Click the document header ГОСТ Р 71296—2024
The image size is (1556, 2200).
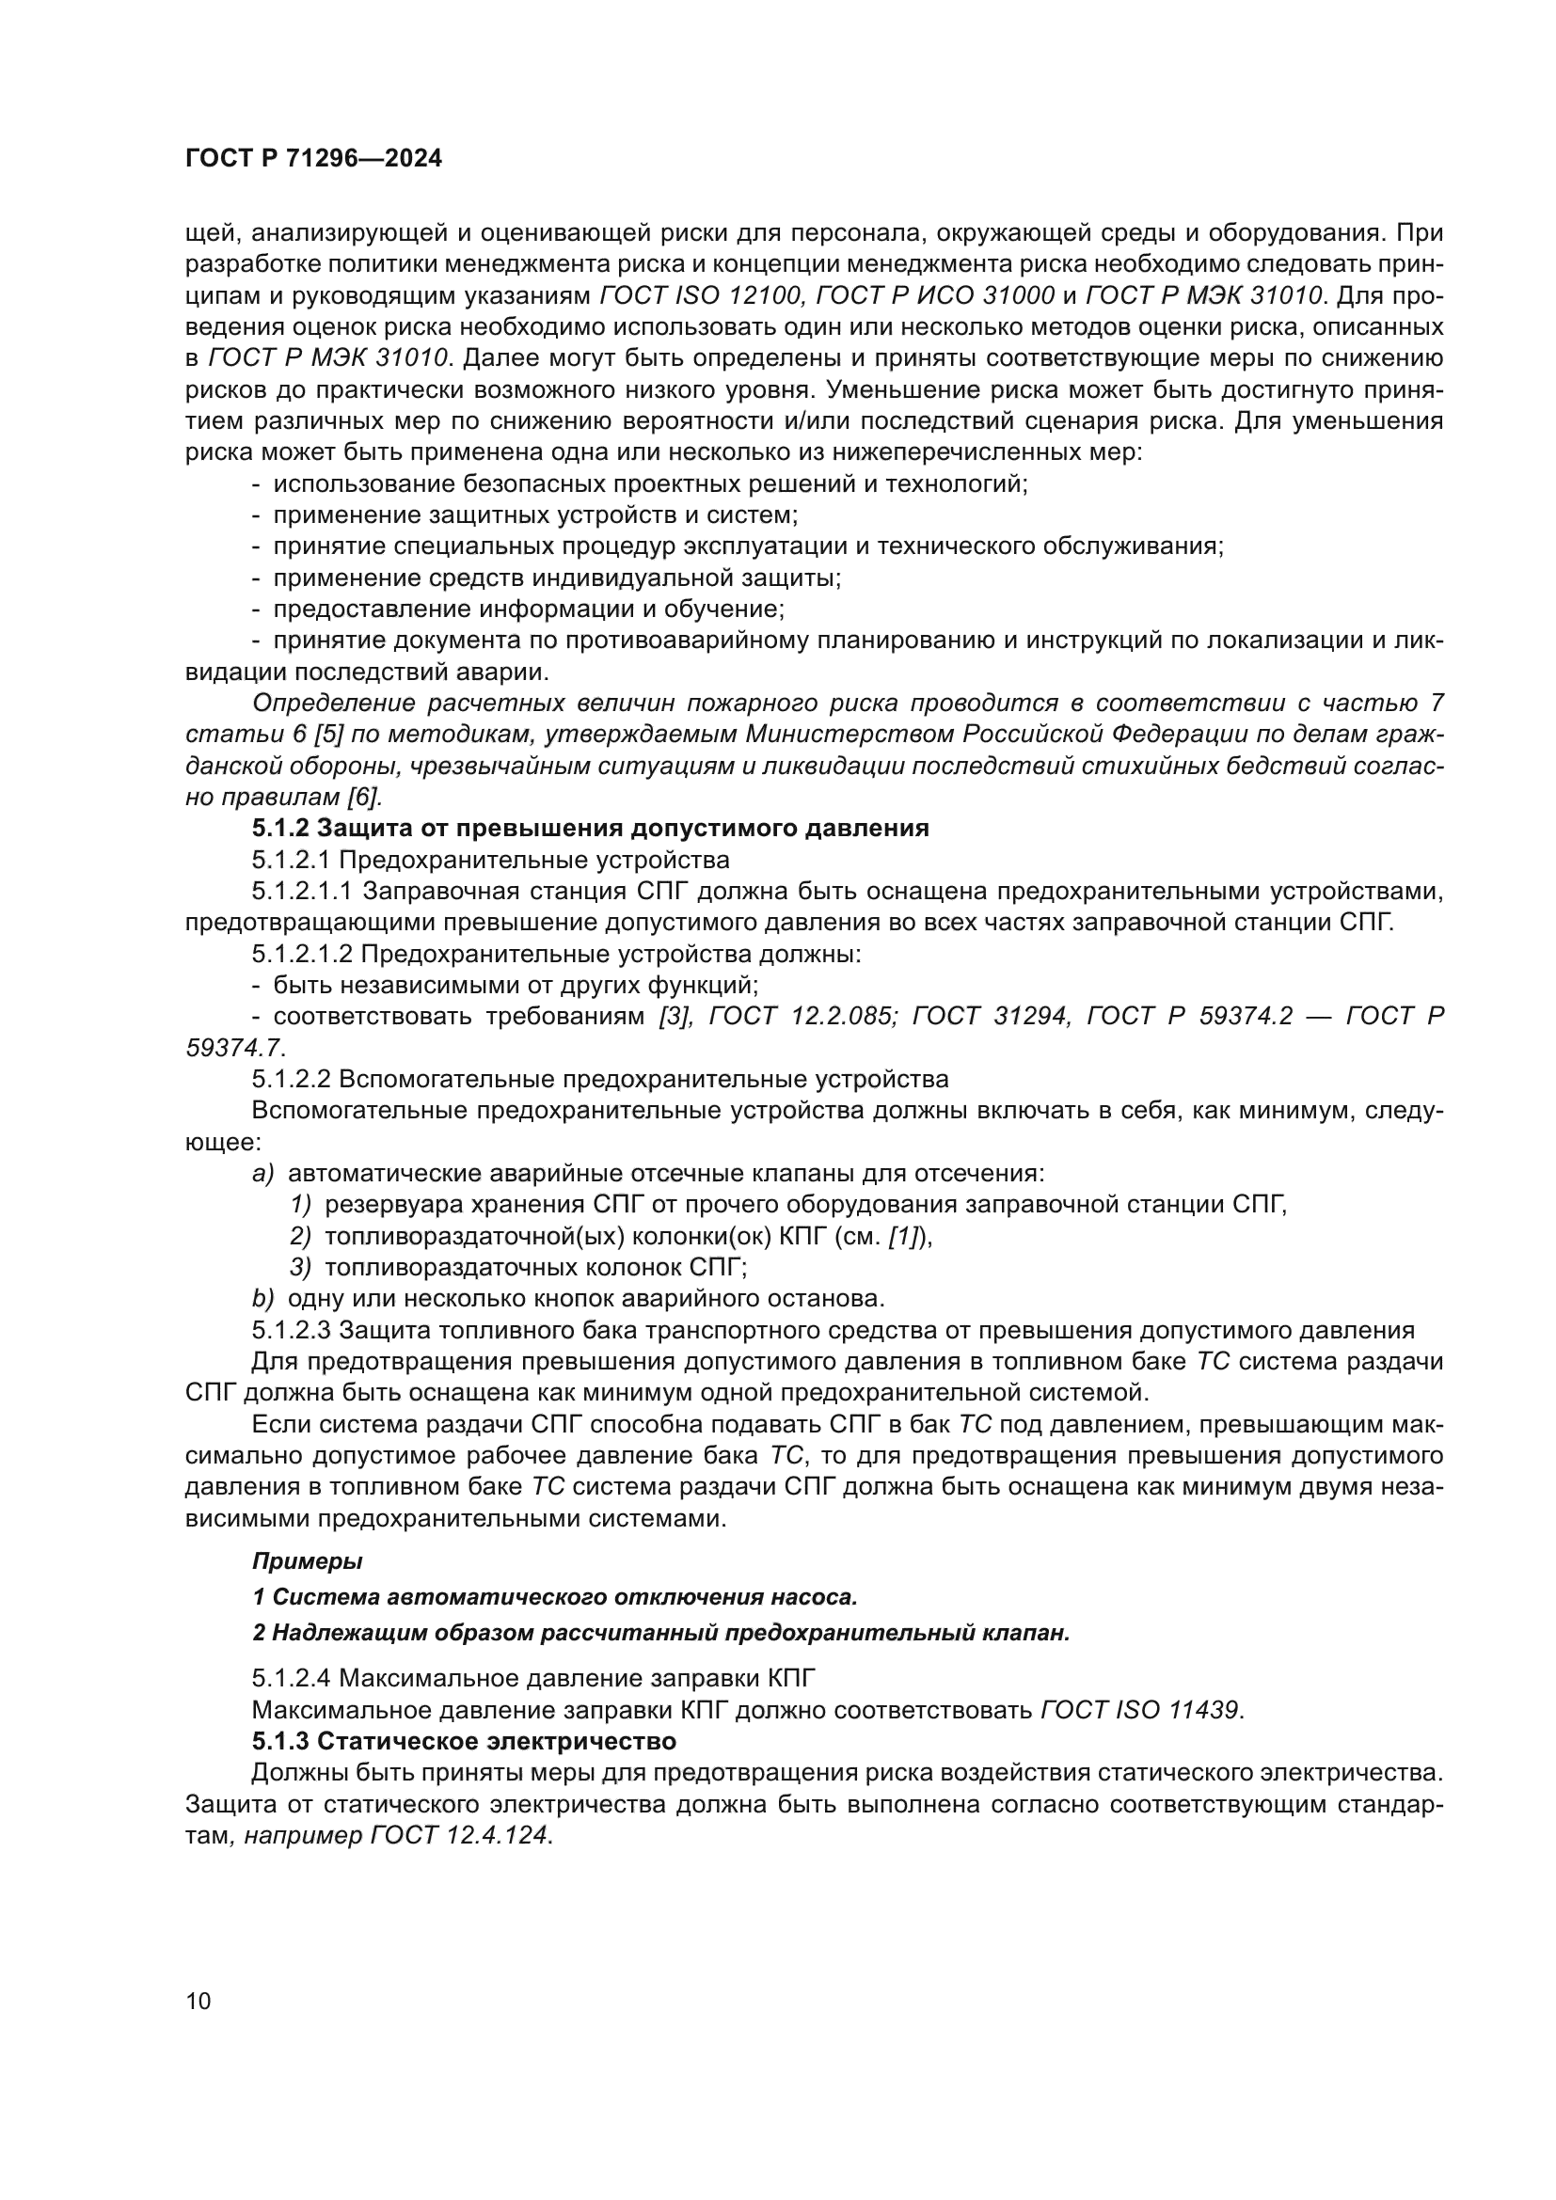pos(313,159)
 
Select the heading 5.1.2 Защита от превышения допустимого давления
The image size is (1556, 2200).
pos(590,828)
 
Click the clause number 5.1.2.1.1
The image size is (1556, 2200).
pos(303,891)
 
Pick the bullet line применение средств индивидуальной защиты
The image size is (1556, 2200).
pos(556,578)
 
